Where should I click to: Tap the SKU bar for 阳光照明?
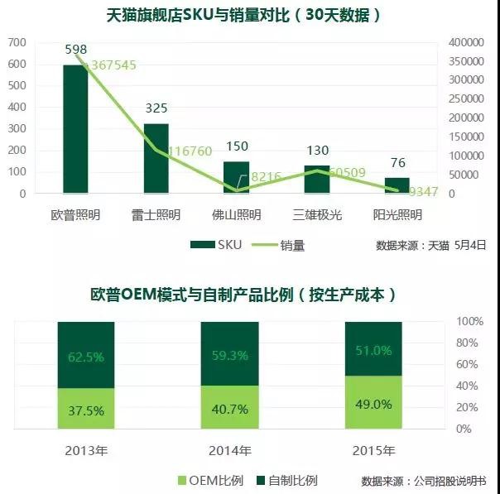tap(397, 185)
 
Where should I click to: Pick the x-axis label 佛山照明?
tap(236, 215)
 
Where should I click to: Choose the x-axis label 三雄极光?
tap(316, 215)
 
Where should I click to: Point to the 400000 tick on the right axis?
tap(465, 42)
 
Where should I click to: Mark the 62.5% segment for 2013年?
tap(86, 357)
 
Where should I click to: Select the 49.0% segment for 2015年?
tap(373, 403)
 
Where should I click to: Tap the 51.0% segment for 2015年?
tap(373, 349)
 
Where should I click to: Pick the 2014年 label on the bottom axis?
tap(229, 451)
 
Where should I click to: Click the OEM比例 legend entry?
tap(202, 480)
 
